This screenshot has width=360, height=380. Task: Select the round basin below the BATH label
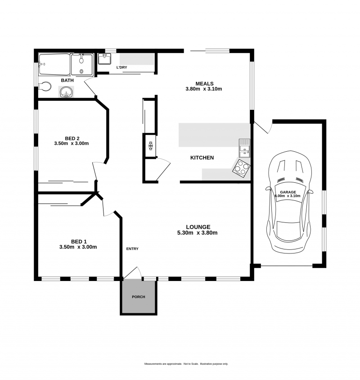pyautogui.click(x=66, y=92)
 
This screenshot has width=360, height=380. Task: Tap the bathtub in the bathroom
pyautogui.click(x=54, y=65)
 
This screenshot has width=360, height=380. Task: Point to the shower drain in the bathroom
pyautogui.click(x=81, y=72)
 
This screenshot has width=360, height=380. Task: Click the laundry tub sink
pyautogui.click(x=104, y=59)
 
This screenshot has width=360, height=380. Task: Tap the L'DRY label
pyautogui.click(x=121, y=68)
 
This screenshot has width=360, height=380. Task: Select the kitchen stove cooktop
pyautogui.click(x=242, y=167)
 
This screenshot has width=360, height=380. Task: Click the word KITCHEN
pyautogui.click(x=202, y=158)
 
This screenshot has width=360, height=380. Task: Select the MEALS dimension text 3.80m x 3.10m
pyautogui.click(x=204, y=89)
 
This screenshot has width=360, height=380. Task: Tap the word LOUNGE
pyautogui.click(x=198, y=226)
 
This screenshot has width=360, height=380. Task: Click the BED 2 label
pyautogui.click(x=72, y=138)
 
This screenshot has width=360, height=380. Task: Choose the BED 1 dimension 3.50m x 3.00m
pyautogui.click(x=78, y=247)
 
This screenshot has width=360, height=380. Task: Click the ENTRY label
pyautogui.click(x=132, y=249)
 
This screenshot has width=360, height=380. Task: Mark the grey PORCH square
pyautogui.click(x=139, y=297)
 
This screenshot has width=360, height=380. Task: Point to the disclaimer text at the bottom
pyautogui.click(x=186, y=363)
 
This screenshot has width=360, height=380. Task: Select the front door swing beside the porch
pyautogui.click(x=134, y=272)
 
